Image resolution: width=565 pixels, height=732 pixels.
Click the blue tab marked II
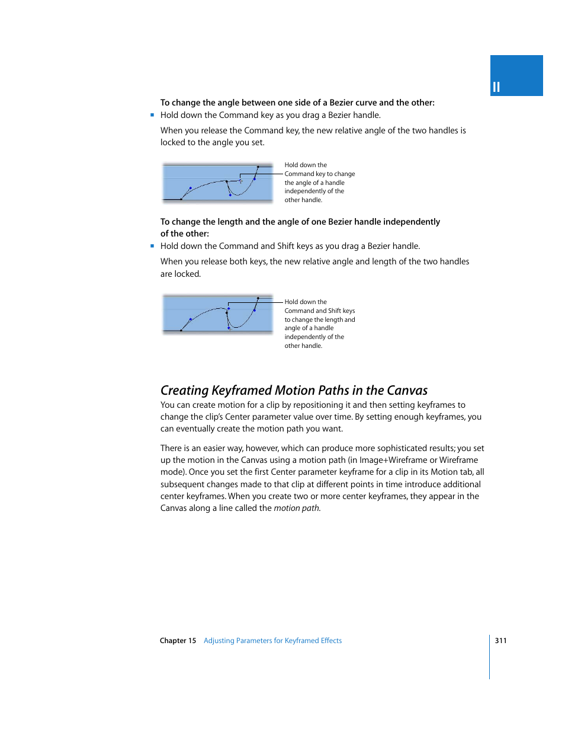[516, 76]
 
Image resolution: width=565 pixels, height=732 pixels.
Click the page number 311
[500, 641]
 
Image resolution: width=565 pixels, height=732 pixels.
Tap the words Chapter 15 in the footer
[178, 641]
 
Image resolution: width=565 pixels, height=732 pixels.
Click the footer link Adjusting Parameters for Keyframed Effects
[272, 641]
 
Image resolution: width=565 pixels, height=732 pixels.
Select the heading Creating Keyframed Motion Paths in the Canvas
[294, 391]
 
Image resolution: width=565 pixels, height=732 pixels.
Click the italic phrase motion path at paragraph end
[297, 509]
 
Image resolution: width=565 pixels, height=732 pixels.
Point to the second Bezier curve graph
[217, 314]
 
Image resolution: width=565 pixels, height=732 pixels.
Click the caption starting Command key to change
[319, 174]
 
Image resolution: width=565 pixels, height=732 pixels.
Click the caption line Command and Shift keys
[319, 311]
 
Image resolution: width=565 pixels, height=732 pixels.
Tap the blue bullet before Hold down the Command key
[152, 115]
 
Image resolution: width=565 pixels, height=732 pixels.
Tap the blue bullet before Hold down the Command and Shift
[152, 246]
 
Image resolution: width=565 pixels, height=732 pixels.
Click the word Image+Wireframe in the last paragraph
[389, 461]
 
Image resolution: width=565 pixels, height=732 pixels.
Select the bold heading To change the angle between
[297, 103]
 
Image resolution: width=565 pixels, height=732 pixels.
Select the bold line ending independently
[300, 222]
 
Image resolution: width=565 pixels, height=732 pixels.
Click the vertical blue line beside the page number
[490, 657]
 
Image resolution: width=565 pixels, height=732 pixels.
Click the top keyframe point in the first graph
[258, 167]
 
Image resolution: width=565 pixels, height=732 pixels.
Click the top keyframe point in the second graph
[258, 298]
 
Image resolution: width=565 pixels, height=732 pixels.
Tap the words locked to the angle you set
[212, 143]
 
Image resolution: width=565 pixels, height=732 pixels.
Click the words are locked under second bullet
[181, 274]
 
